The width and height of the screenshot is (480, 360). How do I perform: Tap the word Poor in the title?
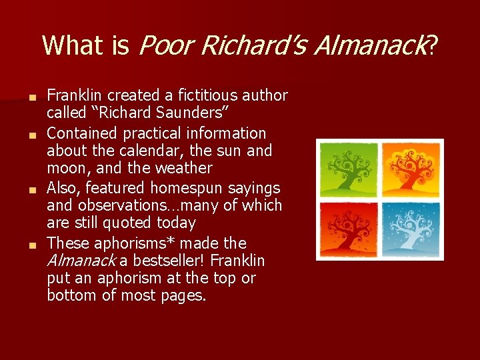click(164, 45)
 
